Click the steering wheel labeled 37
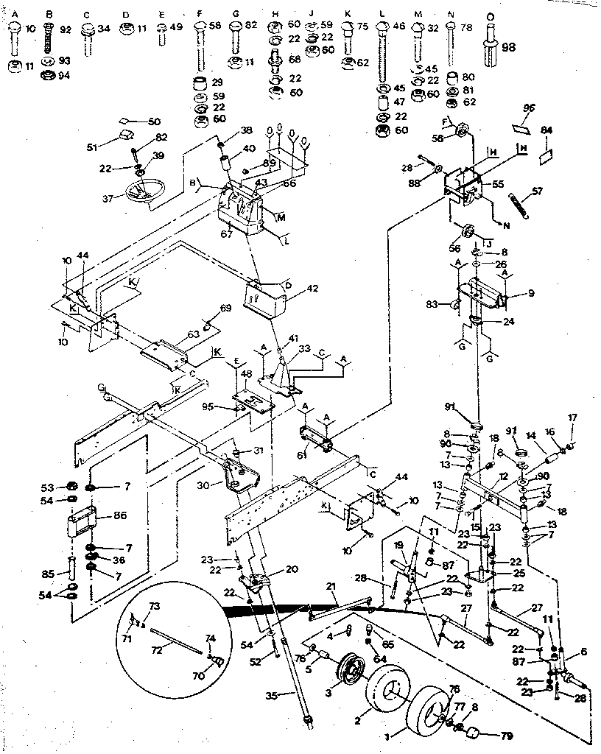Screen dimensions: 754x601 (144, 193)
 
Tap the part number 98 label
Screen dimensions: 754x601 (508, 47)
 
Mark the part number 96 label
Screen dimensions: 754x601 (527, 107)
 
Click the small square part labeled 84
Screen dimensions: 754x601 (546, 156)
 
